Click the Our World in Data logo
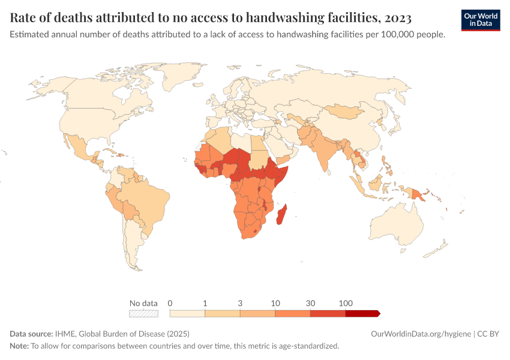pyautogui.click(x=480, y=19)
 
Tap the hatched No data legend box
pyautogui.click(x=143, y=313)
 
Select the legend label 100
pyautogui.click(x=346, y=303)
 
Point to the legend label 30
pyautogui.click(x=310, y=303)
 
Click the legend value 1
pyautogui.click(x=205, y=303)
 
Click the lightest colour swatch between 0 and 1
pyautogui.click(x=187, y=313)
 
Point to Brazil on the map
pyautogui.click(x=150, y=198)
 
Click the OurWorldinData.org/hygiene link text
pyautogui.click(x=419, y=334)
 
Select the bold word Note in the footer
pyautogui.click(x=19, y=346)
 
